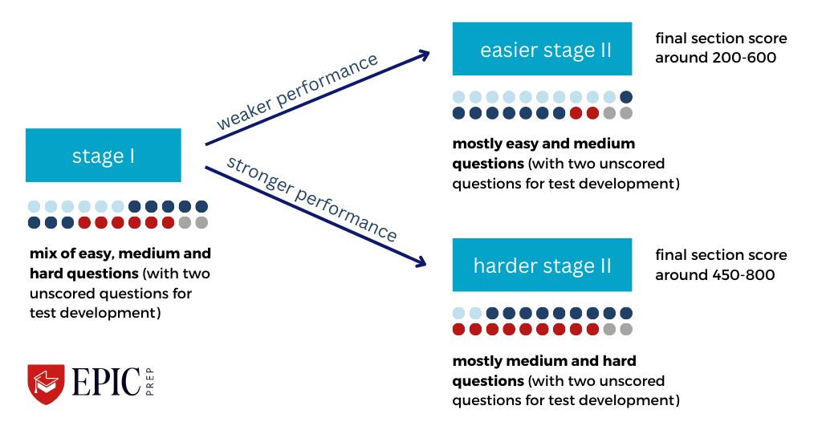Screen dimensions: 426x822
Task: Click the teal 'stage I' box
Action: click(104, 155)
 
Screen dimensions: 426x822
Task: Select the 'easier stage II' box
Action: click(545, 50)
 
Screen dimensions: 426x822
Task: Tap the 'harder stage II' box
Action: click(542, 265)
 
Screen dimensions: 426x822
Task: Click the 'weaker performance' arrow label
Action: click(296, 93)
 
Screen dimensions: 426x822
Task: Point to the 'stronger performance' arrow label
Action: click(311, 198)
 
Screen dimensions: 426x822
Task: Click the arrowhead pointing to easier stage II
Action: click(422, 55)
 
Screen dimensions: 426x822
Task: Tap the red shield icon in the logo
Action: click(46, 383)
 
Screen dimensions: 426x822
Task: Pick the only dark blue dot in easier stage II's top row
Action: click(626, 97)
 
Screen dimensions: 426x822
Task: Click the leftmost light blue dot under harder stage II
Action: click(459, 313)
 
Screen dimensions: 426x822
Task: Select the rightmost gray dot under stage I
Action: click(201, 222)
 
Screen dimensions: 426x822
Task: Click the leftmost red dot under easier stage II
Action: click(576, 113)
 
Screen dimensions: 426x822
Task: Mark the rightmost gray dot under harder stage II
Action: click(626, 329)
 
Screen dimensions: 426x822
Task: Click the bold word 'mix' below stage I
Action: click(41, 254)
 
